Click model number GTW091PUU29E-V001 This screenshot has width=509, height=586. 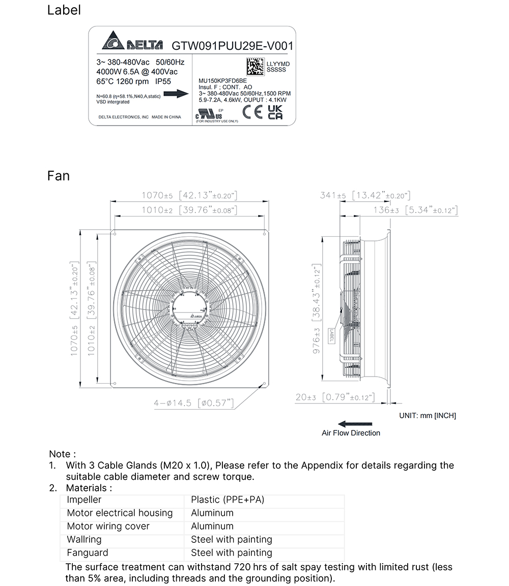coord(232,46)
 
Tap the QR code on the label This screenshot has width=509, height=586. coord(256,66)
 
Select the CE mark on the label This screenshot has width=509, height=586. coord(252,113)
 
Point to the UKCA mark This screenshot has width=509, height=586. coord(275,113)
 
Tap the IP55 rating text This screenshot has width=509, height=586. coord(162,81)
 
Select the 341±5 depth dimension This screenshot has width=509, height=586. coord(333,196)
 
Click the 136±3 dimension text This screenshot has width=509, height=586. coord(386,210)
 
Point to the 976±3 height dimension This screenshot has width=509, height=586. coord(316,341)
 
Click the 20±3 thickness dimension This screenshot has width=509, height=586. coord(307,397)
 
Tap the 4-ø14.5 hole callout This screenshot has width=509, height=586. coord(173,403)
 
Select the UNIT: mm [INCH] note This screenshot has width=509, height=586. coord(427,416)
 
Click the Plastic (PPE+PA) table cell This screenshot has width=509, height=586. coord(228,500)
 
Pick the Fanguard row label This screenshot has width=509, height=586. coord(88,553)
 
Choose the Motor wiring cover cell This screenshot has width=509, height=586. coord(108,527)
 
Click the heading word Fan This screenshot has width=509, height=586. coord(58,176)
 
